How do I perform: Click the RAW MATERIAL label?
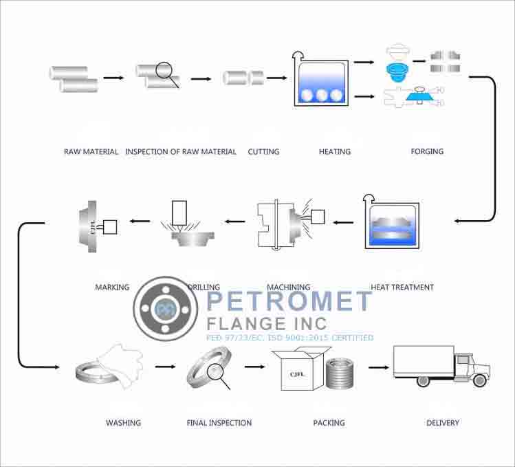coord(91,151)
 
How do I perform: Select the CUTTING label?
coord(263,151)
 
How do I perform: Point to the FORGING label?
coord(427,151)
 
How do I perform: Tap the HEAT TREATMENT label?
coord(402,287)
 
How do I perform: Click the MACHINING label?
coord(288,287)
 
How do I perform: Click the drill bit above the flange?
coord(181,214)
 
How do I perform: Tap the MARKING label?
coord(112,287)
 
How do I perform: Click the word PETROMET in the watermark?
coord(289,302)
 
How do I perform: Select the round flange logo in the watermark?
coord(166,310)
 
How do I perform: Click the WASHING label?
coord(123,422)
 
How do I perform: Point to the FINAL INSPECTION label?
coord(219,422)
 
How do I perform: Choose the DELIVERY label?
coord(443,422)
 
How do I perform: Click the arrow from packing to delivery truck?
coord(377,367)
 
